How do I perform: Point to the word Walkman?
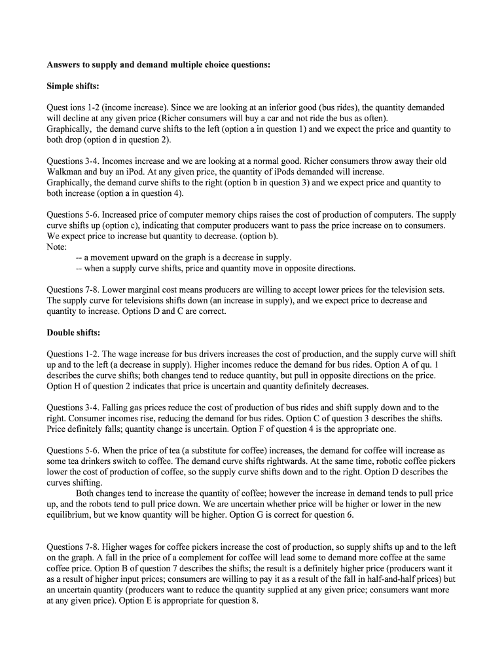(64, 172)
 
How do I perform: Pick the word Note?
(58, 247)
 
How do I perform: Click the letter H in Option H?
(78, 386)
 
